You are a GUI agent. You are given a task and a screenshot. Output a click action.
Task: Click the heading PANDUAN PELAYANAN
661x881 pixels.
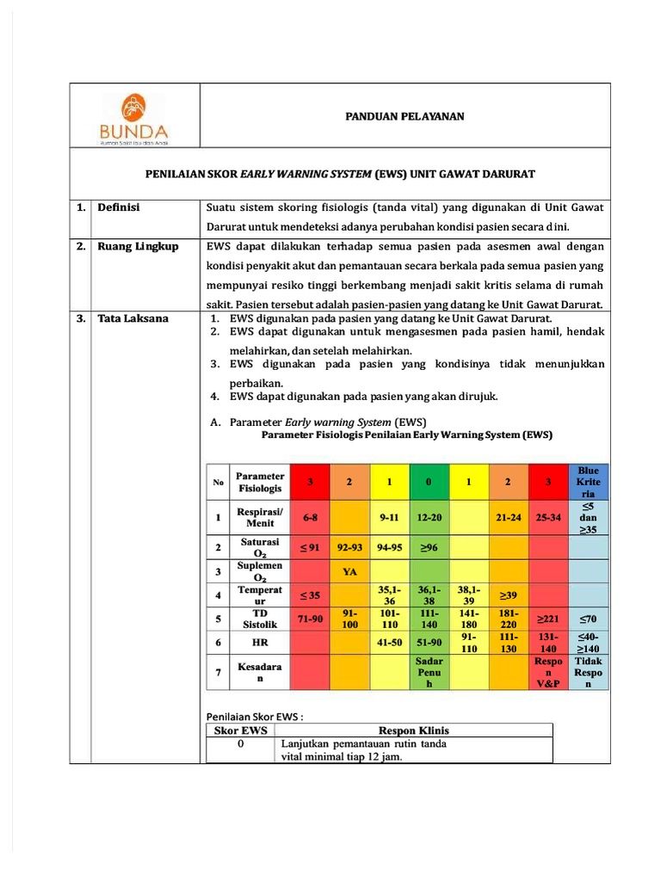405,116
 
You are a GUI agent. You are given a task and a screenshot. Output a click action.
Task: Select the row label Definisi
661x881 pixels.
118,207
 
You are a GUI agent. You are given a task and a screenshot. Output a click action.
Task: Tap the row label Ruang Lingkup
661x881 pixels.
138,246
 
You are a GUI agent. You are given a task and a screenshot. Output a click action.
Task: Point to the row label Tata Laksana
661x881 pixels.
133,318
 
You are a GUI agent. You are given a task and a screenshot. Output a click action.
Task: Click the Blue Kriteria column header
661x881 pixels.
588,483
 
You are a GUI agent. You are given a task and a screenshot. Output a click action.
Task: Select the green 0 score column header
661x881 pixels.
428,483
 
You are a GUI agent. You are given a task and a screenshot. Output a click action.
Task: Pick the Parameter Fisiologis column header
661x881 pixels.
260,483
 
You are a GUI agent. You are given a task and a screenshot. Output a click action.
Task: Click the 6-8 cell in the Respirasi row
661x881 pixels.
310,518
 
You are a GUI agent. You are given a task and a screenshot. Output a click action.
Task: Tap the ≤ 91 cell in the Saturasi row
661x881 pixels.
310,547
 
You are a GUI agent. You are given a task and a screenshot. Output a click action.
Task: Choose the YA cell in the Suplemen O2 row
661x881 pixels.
349,570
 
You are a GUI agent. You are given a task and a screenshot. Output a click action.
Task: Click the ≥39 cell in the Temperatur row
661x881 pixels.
509,595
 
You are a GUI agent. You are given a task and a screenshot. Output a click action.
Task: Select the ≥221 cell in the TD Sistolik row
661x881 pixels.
547,619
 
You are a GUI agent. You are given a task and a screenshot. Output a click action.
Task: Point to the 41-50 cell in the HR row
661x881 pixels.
389,642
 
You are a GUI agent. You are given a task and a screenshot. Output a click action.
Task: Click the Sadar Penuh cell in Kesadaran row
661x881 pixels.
428,672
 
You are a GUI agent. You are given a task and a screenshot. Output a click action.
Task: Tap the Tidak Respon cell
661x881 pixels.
588,672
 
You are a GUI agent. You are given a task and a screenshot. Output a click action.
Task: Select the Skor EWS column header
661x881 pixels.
241,730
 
